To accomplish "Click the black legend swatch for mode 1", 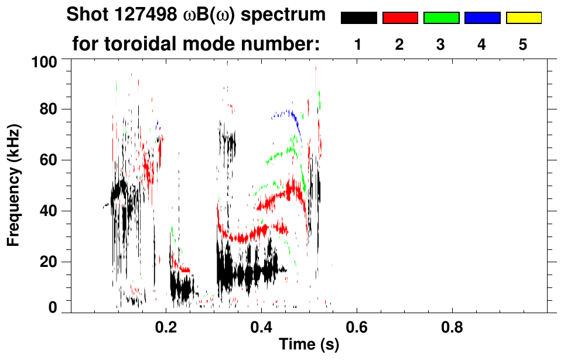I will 359,18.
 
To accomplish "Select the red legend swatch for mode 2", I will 400,18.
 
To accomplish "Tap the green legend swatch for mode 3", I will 441,18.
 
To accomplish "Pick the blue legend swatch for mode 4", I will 482,18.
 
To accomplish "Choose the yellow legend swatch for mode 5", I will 524,18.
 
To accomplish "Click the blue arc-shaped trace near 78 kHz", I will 287,113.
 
